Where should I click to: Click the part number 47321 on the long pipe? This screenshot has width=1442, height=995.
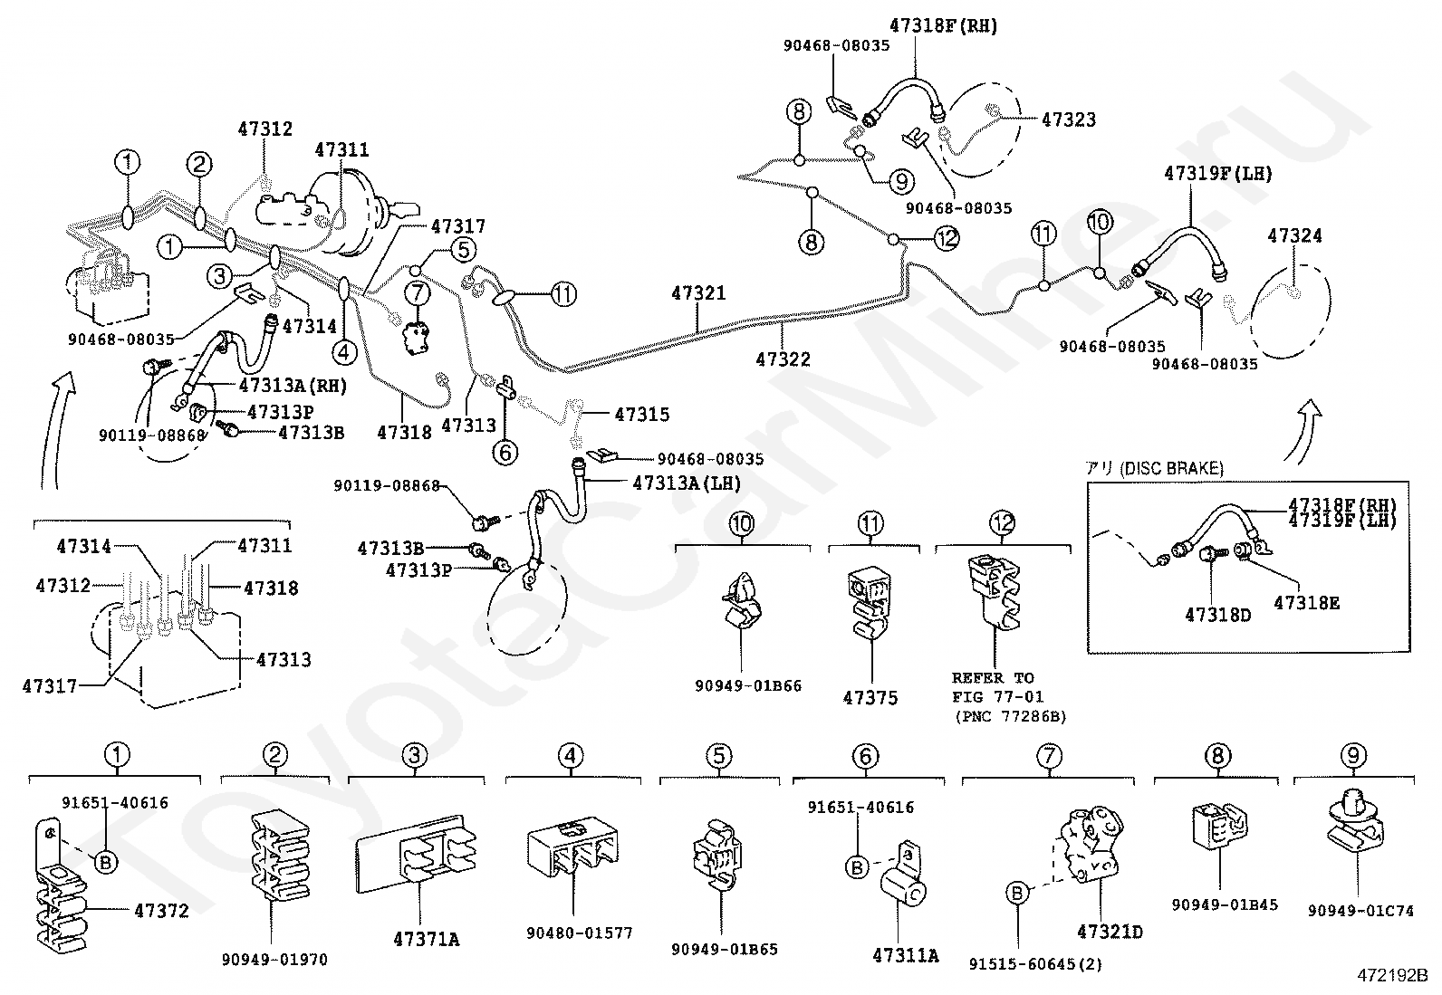point(698,293)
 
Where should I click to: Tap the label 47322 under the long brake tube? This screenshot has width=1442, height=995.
point(783,359)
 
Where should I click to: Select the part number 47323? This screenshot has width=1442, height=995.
point(1069,120)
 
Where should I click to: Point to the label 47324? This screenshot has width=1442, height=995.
point(1294,235)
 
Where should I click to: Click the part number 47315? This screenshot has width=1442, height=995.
point(642,415)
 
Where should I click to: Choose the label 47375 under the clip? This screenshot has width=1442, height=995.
point(870,698)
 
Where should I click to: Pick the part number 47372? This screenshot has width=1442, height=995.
point(161,911)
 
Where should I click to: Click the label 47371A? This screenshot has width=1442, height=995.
point(426,940)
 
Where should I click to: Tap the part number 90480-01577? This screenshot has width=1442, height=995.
point(580,933)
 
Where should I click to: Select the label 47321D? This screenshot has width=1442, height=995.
point(1110,932)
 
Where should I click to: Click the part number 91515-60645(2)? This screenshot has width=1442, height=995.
point(1035,964)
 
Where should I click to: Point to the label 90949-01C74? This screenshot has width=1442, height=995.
point(1360,911)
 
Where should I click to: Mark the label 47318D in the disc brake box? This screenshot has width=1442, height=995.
point(1218,616)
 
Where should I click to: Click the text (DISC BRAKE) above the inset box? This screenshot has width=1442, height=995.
point(1171,469)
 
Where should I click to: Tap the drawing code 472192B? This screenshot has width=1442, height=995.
point(1392,976)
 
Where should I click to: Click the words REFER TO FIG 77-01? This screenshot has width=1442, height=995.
point(998,687)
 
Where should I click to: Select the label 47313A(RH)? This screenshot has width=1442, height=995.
point(293,387)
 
